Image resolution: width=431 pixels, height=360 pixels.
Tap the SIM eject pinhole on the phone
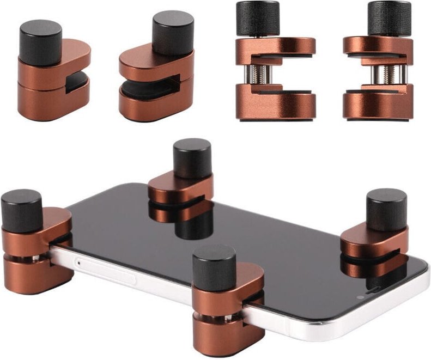click(81, 263)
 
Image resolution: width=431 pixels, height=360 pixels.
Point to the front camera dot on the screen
click(360, 298)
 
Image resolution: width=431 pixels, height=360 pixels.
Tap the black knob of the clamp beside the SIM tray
click(21, 210)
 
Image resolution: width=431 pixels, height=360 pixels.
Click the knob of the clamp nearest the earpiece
click(386, 209)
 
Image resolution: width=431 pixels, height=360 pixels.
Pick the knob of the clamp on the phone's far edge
click(192, 158)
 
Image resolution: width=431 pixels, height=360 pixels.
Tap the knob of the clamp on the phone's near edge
click(214, 267)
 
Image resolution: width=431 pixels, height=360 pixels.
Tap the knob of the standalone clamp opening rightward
click(257, 17)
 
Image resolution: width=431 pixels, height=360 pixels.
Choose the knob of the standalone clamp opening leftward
click(388, 17)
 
